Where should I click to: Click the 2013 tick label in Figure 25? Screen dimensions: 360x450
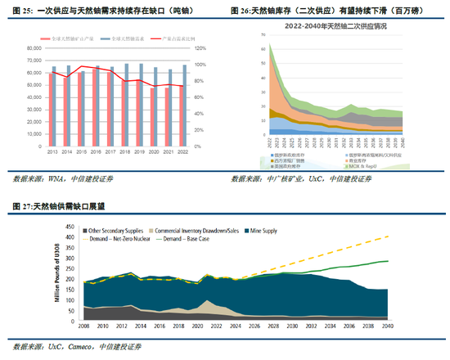52,151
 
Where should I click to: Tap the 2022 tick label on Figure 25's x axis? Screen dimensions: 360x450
182,151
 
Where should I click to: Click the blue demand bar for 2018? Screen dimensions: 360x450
128,106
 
